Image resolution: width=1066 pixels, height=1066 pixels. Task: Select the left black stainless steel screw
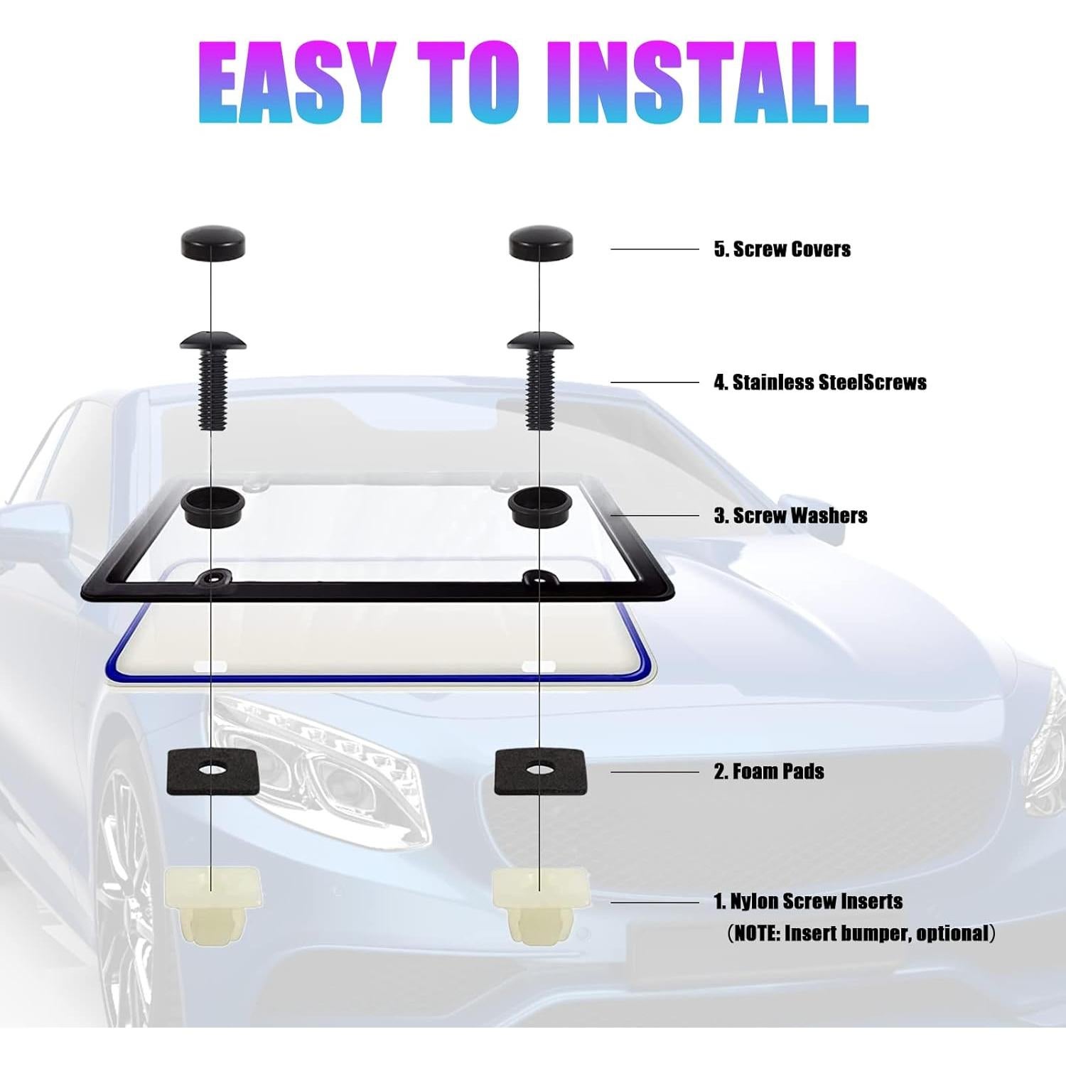(x=212, y=380)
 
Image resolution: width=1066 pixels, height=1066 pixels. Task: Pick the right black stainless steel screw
(x=541, y=380)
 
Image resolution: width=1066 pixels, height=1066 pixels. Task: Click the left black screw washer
(x=213, y=506)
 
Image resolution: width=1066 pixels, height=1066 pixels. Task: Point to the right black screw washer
(x=541, y=506)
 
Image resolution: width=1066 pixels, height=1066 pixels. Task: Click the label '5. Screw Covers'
(x=782, y=249)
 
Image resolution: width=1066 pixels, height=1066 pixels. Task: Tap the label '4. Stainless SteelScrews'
(x=820, y=382)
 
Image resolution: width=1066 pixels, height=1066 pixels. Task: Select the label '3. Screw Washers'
(x=790, y=515)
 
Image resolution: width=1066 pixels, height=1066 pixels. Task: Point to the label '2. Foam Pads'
(x=769, y=771)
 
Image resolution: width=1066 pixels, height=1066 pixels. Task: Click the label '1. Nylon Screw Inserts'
(x=808, y=901)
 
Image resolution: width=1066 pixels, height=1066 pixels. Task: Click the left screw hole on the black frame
(x=210, y=578)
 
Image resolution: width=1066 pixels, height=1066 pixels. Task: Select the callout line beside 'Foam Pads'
(x=655, y=772)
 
